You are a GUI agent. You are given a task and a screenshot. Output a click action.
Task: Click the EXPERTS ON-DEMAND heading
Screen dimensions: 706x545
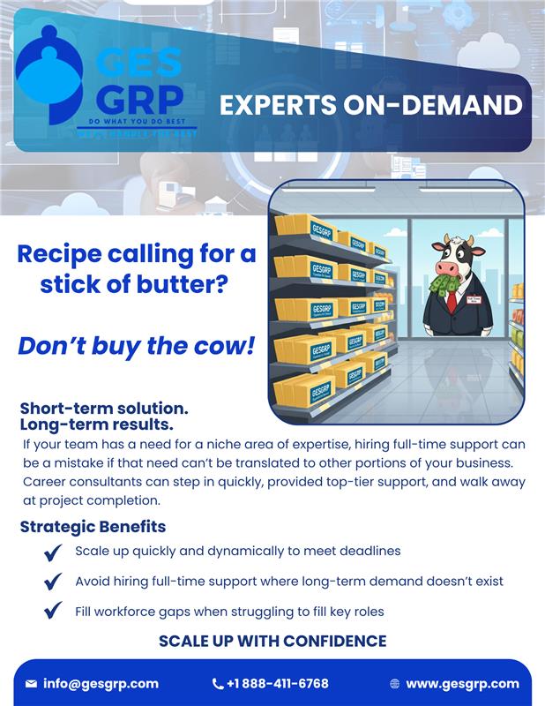[x=370, y=106]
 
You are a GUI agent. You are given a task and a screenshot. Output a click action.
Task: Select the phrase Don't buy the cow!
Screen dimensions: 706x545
[x=136, y=345]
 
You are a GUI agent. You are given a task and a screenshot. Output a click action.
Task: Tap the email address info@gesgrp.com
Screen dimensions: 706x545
[x=101, y=683]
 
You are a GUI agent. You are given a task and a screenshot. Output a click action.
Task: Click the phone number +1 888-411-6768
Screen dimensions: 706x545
[x=278, y=683]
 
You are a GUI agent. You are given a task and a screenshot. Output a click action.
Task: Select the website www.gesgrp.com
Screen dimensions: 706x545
[x=462, y=683]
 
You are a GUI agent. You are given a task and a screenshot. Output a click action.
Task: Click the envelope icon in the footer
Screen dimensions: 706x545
[x=31, y=684]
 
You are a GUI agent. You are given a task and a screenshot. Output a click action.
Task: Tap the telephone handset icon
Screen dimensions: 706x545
[x=218, y=684]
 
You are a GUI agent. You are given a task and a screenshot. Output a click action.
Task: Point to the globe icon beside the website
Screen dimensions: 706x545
[x=394, y=684]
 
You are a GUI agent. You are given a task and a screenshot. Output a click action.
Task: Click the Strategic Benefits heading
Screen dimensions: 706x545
[x=93, y=527]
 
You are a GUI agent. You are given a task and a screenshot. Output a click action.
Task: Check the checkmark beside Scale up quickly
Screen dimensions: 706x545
[x=53, y=552]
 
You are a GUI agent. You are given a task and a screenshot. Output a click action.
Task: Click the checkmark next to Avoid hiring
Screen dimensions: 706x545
[x=53, y=582]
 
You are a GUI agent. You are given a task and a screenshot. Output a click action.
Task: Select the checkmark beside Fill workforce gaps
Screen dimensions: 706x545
[x=53, y=611]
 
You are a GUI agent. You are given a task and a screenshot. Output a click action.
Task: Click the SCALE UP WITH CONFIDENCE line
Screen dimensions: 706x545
[x=272, y=641]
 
